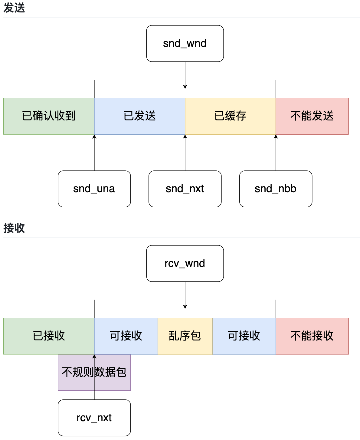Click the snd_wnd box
(185, 44)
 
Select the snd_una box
(94, 189)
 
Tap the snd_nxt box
(185, 189)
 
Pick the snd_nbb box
(276, 189)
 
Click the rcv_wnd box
(185, 264)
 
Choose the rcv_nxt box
(94, 418)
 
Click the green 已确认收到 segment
(49, 116)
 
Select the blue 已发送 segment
(139, 116)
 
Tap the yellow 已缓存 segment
(230, 116)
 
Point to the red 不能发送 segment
(312, 116)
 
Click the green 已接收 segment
(49, 336)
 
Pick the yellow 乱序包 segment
(185, 336)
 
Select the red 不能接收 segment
(312, 336)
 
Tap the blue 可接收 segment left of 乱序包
(126, 336)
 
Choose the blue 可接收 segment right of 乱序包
(244, 336)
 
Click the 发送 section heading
(14, 8)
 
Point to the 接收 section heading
(14, 228)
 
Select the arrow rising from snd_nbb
(276, 153)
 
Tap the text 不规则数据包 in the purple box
(94, 372)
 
